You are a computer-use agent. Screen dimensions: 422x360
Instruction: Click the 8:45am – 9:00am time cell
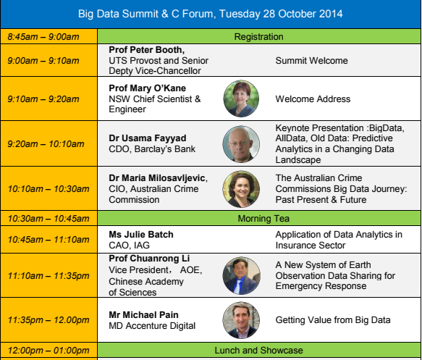tap(48, 36)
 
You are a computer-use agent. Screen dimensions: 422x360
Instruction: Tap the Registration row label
tap(258, 37)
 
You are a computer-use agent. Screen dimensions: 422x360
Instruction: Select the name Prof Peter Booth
tap(146, 50)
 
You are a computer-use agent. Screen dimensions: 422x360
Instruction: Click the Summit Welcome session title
tap(311, 61)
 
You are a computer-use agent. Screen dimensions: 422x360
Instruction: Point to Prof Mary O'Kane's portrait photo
tap(241, 99)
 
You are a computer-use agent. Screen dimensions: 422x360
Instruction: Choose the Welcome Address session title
tap(313, 99)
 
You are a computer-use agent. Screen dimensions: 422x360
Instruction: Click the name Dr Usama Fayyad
tap(148, 138)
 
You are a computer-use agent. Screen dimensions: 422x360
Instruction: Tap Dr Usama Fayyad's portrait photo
tap(241, 144)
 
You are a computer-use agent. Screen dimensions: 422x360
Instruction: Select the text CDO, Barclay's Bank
tap(152, 149)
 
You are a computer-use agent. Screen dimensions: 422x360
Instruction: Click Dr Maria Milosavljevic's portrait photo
tap(241, 189)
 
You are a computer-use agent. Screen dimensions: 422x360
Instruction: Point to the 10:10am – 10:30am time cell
tap(48, 188)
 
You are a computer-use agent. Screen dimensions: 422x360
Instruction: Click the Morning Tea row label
tap(263, 218)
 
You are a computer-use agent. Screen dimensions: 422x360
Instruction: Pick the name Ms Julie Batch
tap(141, 235)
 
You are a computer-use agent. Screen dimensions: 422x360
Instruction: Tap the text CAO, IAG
tap(129, 246)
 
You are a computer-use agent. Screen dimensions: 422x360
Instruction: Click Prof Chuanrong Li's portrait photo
tap(242, 275)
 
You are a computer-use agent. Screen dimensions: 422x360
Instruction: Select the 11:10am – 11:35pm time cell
tap(48, 275)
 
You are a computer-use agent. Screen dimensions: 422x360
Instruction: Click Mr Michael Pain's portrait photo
tap(241, 320)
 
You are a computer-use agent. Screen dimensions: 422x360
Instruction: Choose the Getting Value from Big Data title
tap(333, 320)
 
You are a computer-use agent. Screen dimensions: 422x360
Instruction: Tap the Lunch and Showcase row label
tap(258, 351)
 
